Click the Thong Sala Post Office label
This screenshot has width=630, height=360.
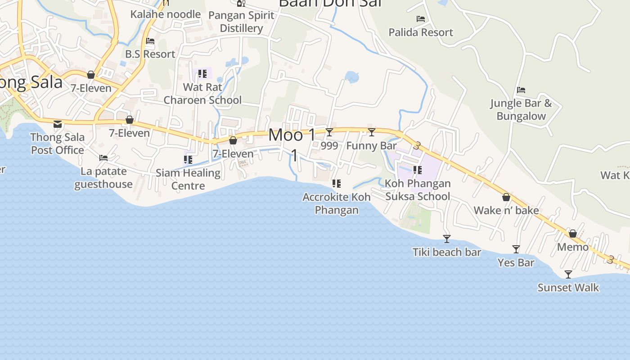tap(57, 144)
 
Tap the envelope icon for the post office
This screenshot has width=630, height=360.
tap(58, 124)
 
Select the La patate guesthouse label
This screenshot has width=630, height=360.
tap(103, 178)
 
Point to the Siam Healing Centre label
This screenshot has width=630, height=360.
tap(188, 179)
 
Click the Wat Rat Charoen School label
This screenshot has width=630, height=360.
tap(202, 94)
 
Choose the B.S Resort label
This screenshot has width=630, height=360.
tap(150, 54)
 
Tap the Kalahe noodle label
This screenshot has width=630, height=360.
tap(166, 14)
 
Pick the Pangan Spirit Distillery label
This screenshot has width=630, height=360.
tap(242, 22)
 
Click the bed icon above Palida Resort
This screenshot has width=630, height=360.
tap(421, 19)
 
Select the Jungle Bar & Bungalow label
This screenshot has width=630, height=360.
tap(521, 109)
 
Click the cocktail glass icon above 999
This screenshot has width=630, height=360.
tap(329, 132)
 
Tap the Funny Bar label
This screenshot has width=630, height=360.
tap(372, 146)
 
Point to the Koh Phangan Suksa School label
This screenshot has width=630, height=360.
tap(418, 190)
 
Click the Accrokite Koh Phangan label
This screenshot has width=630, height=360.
tap(337, 203)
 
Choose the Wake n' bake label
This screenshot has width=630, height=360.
tap(506, 210)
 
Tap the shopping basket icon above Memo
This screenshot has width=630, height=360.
tap(573, 234)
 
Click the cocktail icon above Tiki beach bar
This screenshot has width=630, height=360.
tap(447, 238)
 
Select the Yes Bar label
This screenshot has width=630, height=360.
tap(516, 262)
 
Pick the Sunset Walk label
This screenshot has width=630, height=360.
tap(568, 288)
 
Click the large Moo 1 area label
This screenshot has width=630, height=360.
tap(292, 135)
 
